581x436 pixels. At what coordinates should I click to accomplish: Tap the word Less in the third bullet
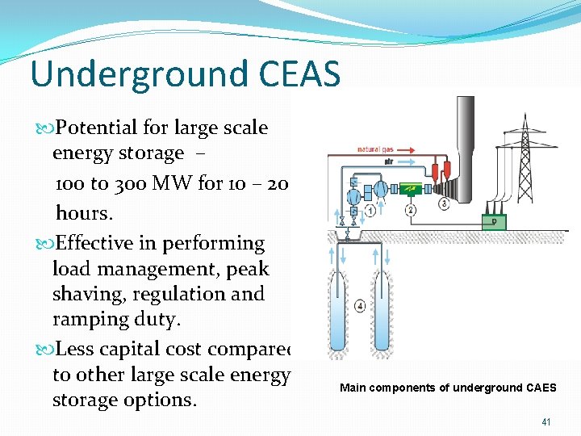coord(77,349)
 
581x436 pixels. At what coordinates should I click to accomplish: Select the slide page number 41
coord(546,422)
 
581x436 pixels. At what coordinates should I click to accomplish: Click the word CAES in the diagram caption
coord(539,388)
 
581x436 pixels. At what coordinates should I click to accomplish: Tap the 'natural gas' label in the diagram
coord(379,149)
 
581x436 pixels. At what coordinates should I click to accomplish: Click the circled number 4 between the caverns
coord(360,305)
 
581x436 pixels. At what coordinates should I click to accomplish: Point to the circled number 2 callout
coord(411,210)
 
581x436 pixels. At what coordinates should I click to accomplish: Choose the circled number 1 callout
coord(370,210)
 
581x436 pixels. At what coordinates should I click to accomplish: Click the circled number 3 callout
coord(444,203)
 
